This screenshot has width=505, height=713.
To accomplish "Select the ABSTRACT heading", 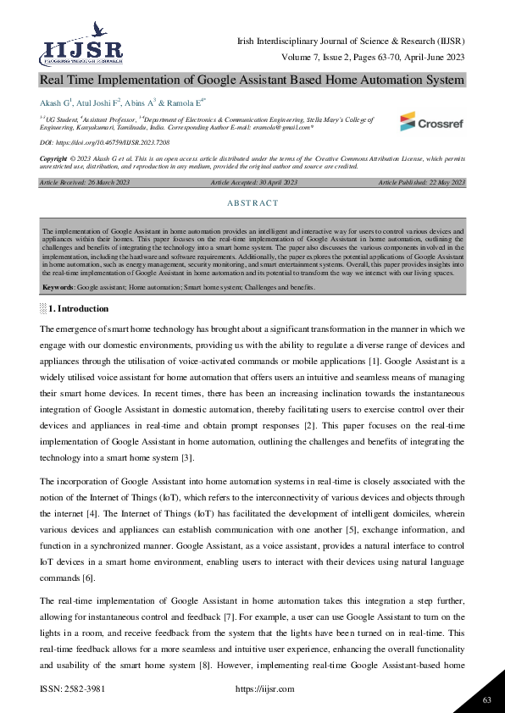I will coord(252,203).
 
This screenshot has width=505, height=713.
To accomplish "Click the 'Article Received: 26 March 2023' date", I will coord(83,183).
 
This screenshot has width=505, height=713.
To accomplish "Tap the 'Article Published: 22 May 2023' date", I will coord(422,183).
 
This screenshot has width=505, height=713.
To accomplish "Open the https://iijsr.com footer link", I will coord(263,690).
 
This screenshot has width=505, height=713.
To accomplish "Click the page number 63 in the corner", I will coord(486,699).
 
